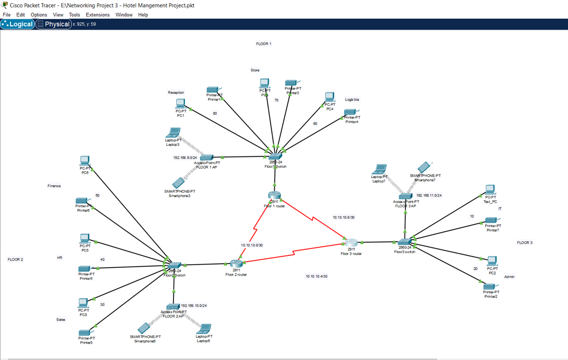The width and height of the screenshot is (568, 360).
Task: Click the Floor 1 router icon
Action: point(275,195)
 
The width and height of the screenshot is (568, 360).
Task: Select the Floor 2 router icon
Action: point(237,264)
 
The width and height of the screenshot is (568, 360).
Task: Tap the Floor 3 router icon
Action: point(351,243)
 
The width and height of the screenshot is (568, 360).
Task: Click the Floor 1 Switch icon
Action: point(275,156)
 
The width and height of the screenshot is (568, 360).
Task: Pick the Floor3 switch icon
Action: point(405,242)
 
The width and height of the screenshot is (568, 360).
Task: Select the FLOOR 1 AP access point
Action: point(207,157)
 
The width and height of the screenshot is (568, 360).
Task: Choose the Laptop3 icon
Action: point(173,133)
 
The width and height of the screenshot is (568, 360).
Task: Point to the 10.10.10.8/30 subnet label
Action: point(343,217)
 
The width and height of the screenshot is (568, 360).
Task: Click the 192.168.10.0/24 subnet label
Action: point(194,306)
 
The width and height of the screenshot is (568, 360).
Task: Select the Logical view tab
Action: point(18,24)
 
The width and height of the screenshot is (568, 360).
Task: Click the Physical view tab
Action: point(54,24)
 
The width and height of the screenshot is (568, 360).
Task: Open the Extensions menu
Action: point(97,15)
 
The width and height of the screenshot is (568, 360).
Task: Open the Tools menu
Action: point(75,15)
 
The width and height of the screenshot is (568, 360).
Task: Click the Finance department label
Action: point(54,186)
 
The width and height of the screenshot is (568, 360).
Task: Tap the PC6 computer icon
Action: point(85,161)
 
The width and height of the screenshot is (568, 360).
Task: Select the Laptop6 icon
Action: point(204,329)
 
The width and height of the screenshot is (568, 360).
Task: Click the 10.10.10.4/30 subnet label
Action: point(316,277)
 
